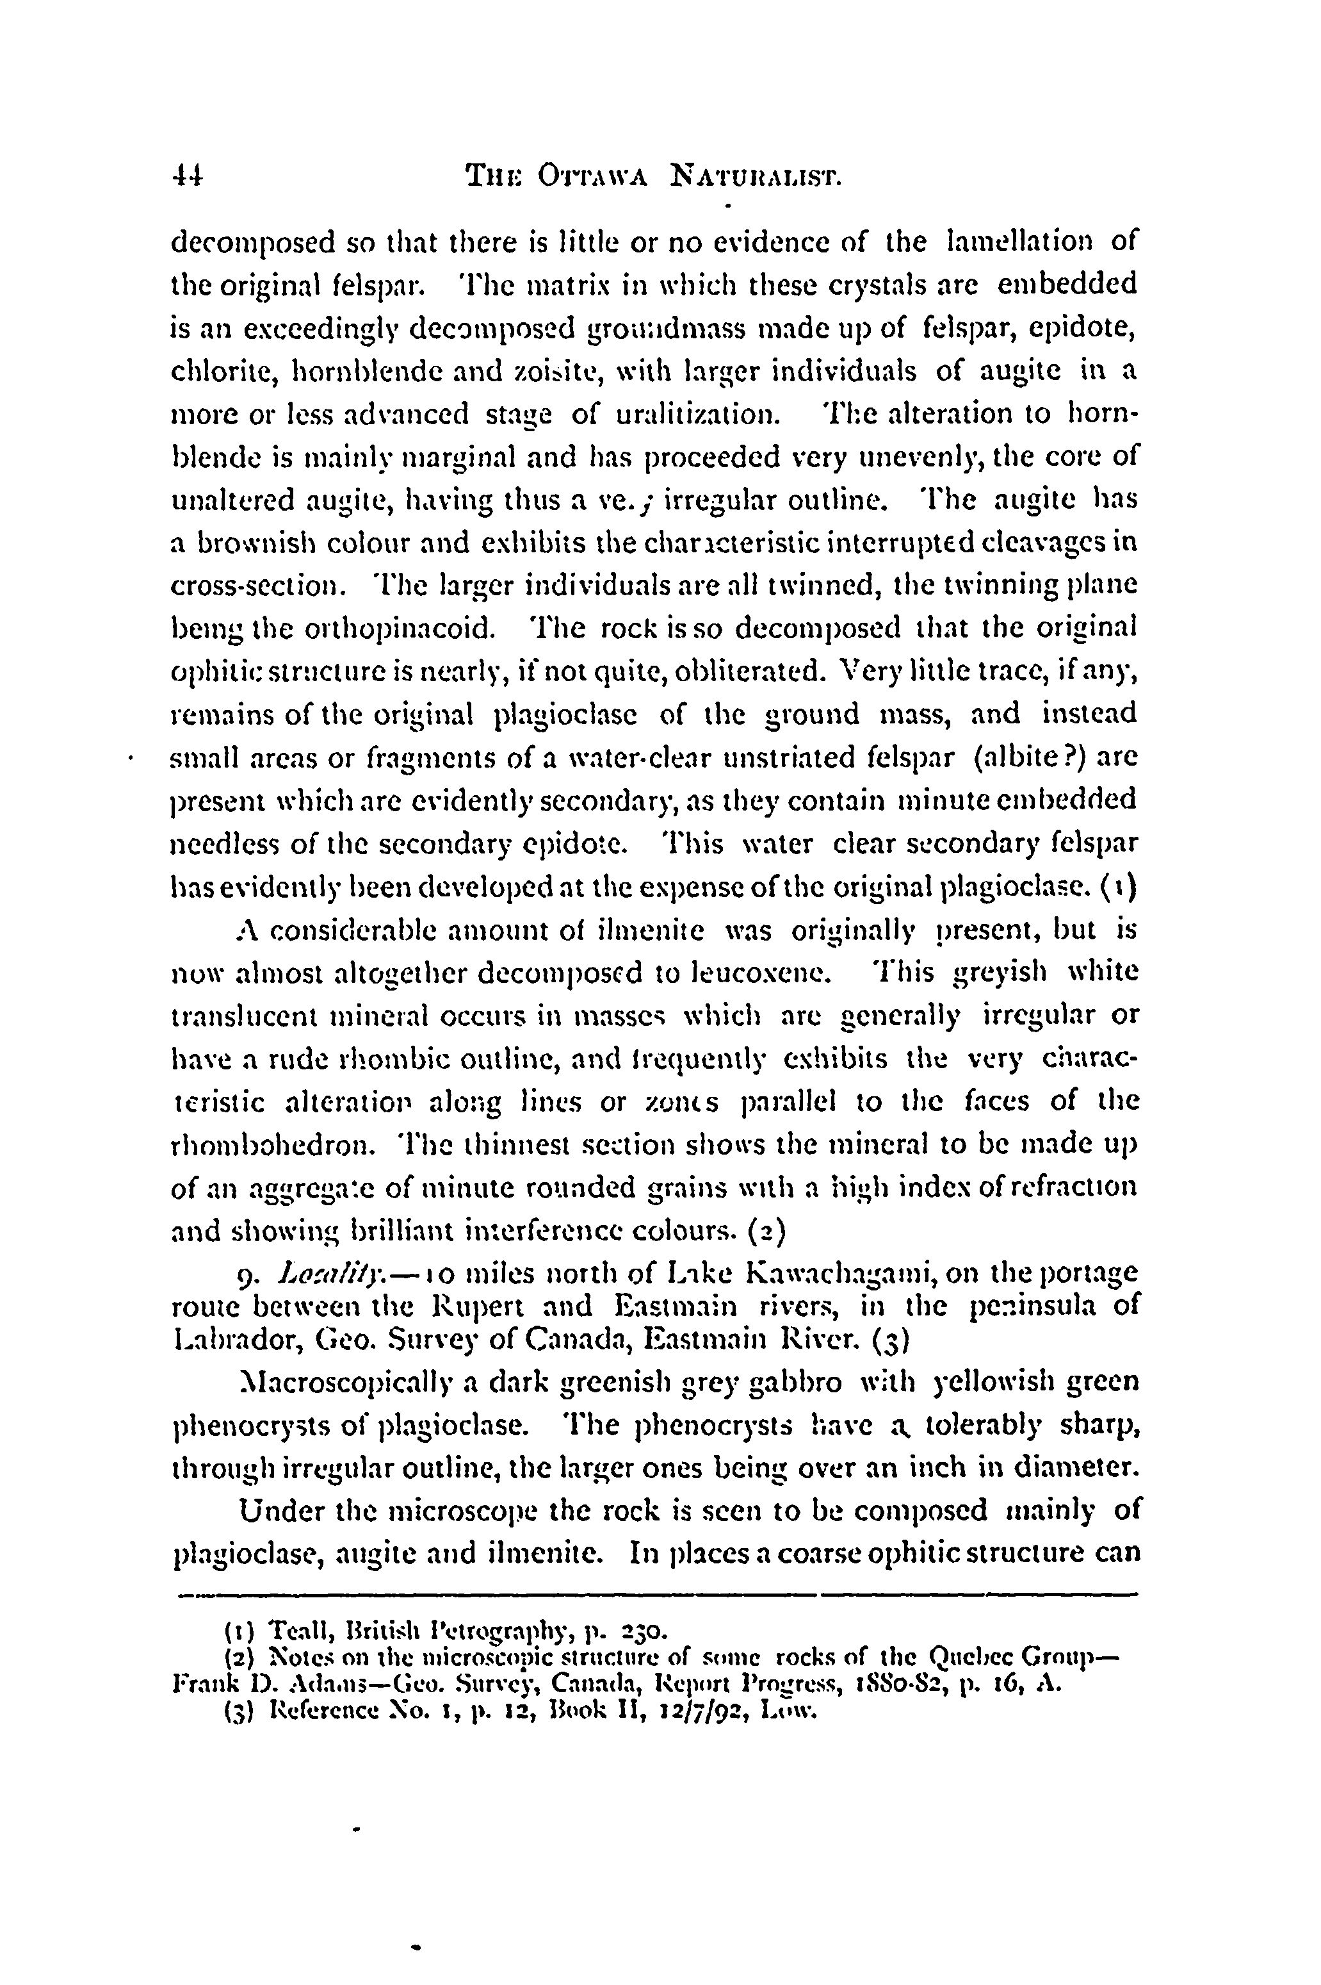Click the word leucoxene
click(x=756, y=972)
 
